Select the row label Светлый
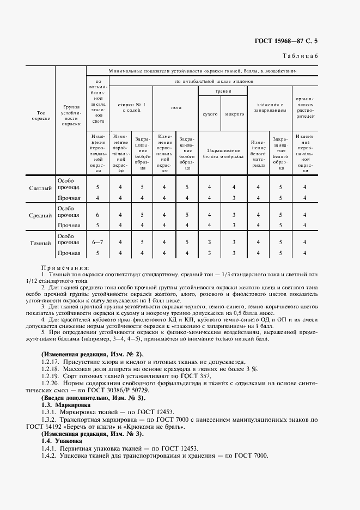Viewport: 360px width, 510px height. tap(41, 189)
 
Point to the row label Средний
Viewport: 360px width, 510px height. tap(41, 216)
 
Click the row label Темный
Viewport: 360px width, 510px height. tap(41, 244)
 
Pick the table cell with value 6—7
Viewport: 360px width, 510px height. tap(98, 242)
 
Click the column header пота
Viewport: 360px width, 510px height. tap(176, 107)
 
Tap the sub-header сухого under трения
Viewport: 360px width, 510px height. tap(210, 114)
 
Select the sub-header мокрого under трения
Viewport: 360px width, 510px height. tap(234, 114)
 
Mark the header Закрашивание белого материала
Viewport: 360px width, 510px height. tap(222, 153)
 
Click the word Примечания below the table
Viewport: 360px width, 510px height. tap(64, 268)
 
